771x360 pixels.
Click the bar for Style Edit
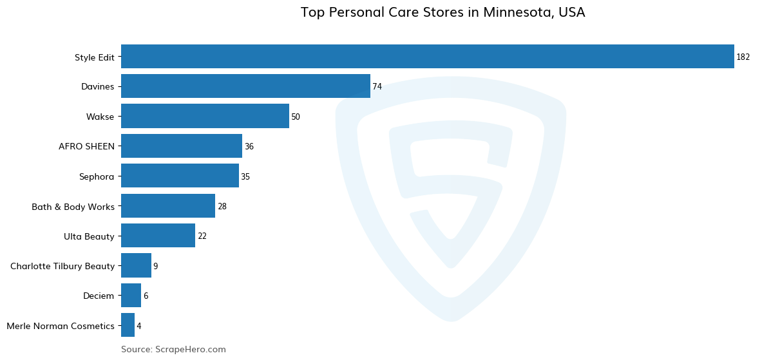[427, 57]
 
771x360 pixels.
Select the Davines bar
[245, 86]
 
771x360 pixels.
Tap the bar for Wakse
[205, 117]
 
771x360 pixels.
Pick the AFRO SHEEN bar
[182, 146]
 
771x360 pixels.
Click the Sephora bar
[180, 176]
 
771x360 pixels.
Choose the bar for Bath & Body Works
[168, 206]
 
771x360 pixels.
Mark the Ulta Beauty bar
[158, 236]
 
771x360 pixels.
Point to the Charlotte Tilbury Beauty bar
[136, 265]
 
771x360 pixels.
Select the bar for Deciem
[131, 296]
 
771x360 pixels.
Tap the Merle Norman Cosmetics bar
[128, 325]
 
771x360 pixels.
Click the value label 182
[743, 57]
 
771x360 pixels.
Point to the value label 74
[377, 87]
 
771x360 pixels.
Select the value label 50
[296, 117]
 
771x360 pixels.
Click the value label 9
[155, 266]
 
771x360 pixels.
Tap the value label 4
[138, 326]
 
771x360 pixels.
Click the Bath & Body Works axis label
[73, 207]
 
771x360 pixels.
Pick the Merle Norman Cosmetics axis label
[61, 326]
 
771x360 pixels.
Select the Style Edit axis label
[94, 57]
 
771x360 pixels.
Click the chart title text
[443, 12]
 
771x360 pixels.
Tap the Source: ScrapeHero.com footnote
[173, 349]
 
